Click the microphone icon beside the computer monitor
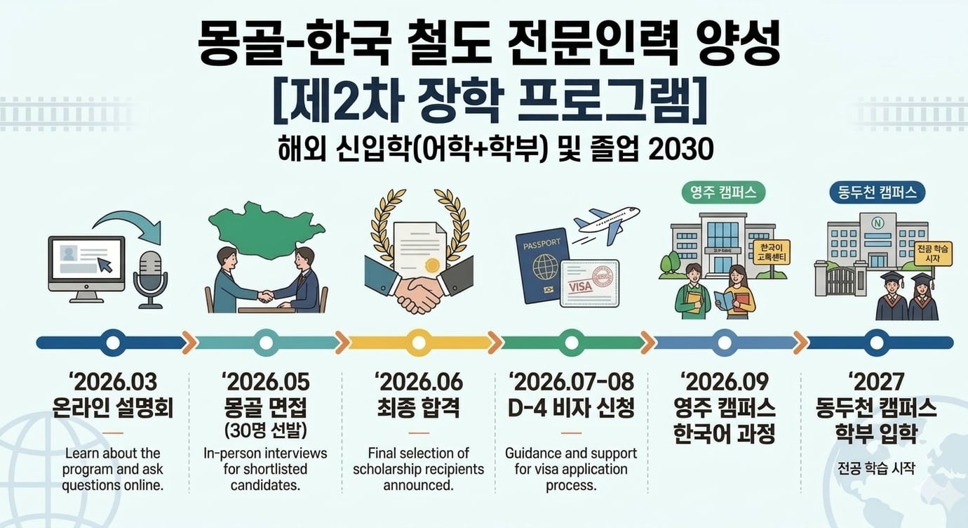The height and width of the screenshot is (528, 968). click(x=151, y=277)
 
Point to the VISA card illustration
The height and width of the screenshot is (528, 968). click(x=589, y=284)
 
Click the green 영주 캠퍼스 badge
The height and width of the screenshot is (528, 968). click(x=722, y=192)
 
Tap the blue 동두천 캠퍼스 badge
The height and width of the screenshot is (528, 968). click(x=877, y=192)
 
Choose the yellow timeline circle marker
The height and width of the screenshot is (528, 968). click(x=419, y=343)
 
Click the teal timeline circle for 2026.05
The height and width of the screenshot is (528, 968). click(x=266, y=343)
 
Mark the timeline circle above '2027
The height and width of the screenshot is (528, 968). click(x=876, y=343)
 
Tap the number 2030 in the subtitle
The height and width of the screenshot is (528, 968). click(x=681, y=148)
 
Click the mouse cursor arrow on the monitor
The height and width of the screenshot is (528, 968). click(x=105, y=265)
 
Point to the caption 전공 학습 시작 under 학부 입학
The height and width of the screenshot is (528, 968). click(x=876, y=468)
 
